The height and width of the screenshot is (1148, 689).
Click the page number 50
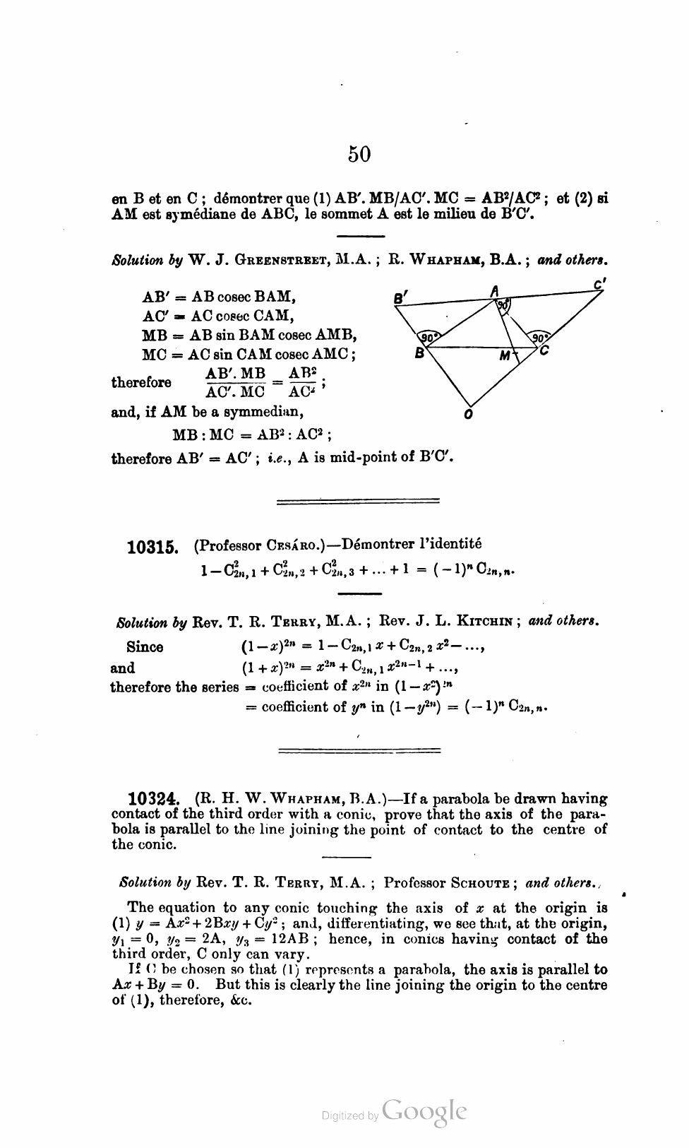point(359,153)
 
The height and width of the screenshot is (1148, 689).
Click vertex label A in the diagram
point(496,290)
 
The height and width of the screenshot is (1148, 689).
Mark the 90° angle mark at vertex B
point(428,337)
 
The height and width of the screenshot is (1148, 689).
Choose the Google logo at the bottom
point(424,1111)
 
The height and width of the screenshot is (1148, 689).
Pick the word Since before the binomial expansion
point(145,647)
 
